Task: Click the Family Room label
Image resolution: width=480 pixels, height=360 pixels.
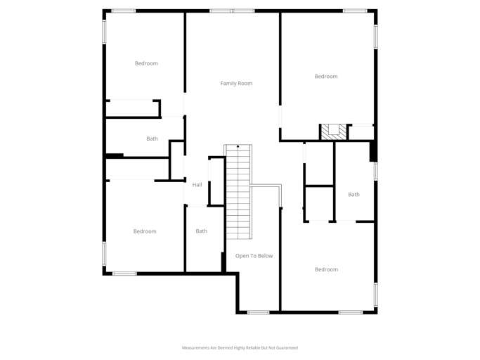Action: click(x=236, y=84)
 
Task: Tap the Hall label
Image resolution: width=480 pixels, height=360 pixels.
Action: click(x=197, y=185)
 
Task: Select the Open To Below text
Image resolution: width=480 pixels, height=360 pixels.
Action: click(x=254, y=256)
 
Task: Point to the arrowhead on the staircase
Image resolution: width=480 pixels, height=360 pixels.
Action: click(x=238, y=146)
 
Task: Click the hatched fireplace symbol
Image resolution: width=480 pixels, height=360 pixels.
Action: click(x=334, y=131)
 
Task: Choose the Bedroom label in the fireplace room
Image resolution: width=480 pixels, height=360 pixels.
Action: click(x=326, y=77)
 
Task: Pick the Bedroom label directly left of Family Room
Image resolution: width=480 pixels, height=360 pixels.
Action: click(x=146, y=63)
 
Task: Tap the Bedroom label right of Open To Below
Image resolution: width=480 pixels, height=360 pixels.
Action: click(x=326, y=269)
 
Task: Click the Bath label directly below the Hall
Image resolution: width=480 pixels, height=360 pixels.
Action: click(x=202, y=231)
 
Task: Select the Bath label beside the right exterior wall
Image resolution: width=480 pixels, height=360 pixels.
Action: click(x=353, y=195)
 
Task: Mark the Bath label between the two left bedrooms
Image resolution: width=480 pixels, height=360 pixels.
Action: click(x=152, y=139)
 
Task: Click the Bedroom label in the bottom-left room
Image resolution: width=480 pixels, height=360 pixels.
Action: click(x=145, y=231)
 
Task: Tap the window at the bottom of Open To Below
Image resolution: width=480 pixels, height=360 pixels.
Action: click(x=258, y=312)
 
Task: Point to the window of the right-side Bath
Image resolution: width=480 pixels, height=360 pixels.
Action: click(x=375, y=171)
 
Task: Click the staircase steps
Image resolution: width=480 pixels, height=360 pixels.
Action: click(x=238, y=190)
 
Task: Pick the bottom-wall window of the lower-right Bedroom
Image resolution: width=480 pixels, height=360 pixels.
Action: click(x=351, y=312)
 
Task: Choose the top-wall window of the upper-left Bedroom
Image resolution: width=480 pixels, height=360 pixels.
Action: click(x=124, y=11)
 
